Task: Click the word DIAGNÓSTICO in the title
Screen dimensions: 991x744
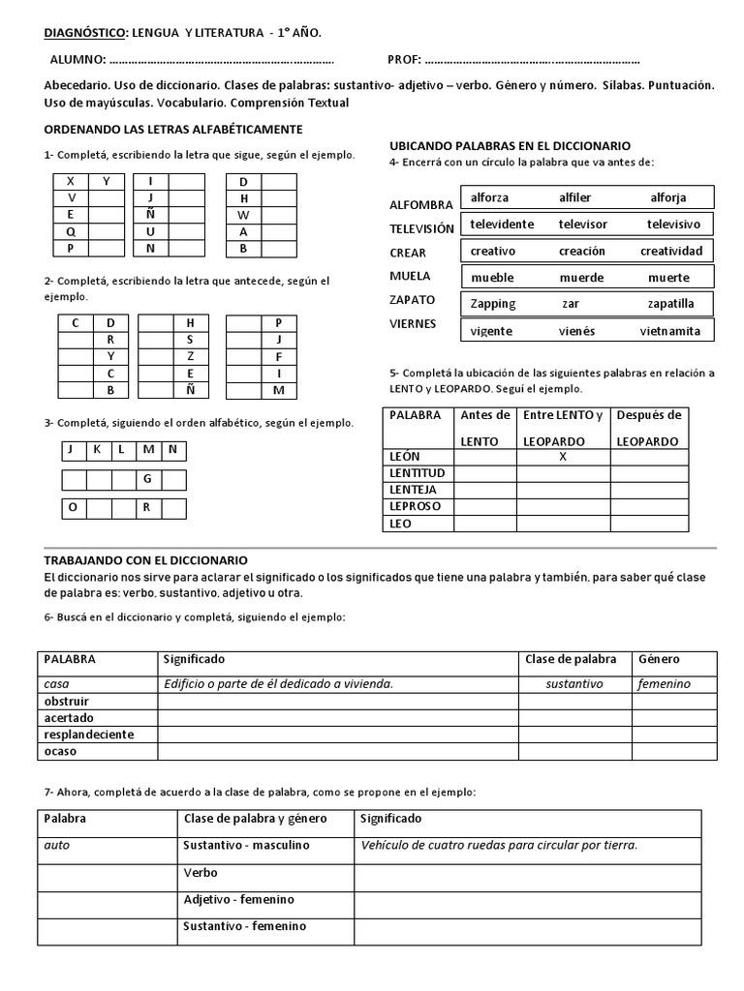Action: click(85, 33)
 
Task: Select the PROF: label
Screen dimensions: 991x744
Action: click(404, 60)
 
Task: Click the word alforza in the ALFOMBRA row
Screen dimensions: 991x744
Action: click(489, 198)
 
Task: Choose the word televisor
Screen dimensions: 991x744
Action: click(582, 225)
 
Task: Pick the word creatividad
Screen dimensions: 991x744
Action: click(670, 251)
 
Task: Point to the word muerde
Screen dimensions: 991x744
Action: click(581, 278)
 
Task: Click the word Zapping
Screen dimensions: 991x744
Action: click(492, 304)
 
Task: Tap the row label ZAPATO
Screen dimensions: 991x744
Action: click(412, 300)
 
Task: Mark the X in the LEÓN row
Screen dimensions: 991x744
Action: click(563, 456)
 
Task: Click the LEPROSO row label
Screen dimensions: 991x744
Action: click(415, 506)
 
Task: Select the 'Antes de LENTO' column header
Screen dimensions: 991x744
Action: click(485, 428)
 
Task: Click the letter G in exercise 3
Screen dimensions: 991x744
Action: click(147, 479)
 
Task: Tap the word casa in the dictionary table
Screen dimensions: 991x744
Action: click(56, 683)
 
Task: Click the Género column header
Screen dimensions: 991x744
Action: click(661, 659)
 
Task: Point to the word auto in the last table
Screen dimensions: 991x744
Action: click(57, 845)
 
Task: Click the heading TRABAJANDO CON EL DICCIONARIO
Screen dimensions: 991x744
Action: click(145, 560)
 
